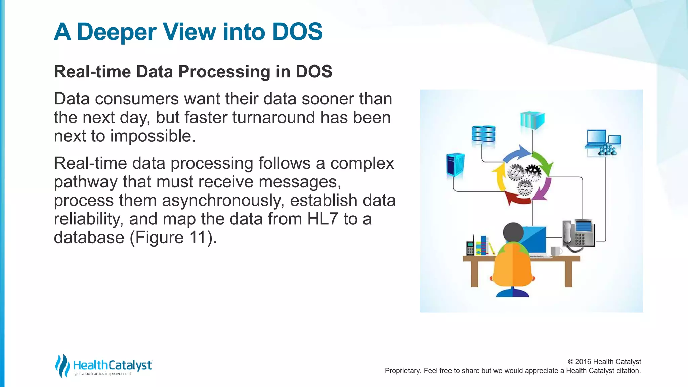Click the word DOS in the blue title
click(297, 32)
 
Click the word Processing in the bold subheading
click(224, 72)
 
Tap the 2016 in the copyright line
click(583, 362)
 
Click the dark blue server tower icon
click(455, 165)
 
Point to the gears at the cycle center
click(524, 178)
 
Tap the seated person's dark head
click(513, 232)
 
